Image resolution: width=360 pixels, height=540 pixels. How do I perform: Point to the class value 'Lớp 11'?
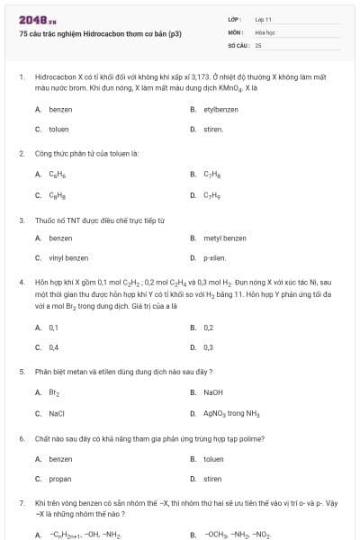263,19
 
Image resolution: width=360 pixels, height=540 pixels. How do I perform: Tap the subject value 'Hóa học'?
265,31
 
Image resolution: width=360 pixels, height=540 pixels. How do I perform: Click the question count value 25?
258,44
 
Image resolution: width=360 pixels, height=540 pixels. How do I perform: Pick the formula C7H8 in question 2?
212,175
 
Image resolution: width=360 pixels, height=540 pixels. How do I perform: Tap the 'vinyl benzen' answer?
68,258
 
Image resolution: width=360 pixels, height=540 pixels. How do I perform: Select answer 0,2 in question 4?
208,328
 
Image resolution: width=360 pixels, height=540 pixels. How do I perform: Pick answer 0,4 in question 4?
54,347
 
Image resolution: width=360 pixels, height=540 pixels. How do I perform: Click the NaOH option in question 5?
212,392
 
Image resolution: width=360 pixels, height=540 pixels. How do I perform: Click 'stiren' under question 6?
212,479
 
